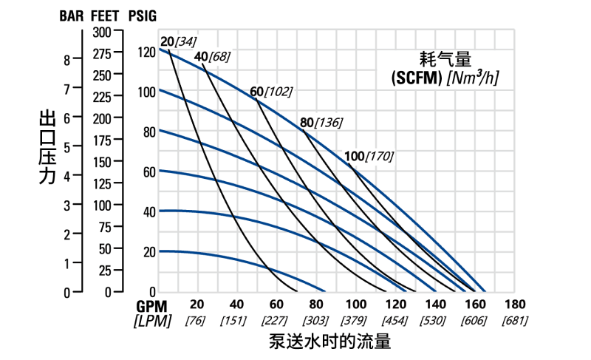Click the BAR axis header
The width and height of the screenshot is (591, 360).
coord(71,16)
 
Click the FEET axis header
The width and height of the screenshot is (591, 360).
coord(107,16)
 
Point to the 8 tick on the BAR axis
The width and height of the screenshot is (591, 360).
coord(67,60)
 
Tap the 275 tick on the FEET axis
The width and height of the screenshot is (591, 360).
coord(101,53)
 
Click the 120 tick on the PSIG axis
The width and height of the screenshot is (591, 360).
coord(146,52)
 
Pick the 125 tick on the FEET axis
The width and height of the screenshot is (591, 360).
coord(101,183)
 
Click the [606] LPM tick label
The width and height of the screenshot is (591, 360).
coord(474,321)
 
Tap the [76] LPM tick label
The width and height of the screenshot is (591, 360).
coord(197,321)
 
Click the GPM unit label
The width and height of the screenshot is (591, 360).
coord(152,305)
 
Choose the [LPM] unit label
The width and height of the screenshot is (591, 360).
coord(152,321)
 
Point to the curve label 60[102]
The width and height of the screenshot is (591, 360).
coord(271,92)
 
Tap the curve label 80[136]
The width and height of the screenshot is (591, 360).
coord(321,123)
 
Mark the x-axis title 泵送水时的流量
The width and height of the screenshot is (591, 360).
coord(329,341)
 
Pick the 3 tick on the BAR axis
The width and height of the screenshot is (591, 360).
coord(67,205)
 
